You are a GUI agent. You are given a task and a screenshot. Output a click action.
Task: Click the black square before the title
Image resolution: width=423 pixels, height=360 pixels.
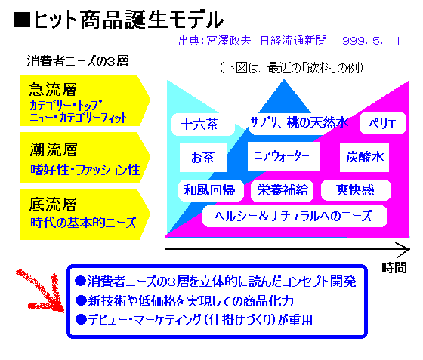coord(22,20)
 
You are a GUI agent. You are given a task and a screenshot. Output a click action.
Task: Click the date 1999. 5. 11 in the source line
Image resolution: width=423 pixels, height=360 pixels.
coord(367,42)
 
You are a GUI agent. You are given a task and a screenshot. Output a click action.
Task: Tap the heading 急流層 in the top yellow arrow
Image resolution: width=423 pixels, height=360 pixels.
coord(53,89)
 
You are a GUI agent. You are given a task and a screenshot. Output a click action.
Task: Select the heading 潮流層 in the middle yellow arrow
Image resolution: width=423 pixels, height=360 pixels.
coord(54,149)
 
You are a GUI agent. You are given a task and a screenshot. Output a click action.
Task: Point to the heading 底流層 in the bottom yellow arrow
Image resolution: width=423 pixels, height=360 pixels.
coord(53,204)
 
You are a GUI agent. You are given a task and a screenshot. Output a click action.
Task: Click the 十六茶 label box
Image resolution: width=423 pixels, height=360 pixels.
coord(203,125)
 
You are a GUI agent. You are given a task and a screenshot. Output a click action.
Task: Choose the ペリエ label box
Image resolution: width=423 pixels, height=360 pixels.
coord(383,124)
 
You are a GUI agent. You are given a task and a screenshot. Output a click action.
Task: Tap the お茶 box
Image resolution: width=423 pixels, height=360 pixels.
coord(203,158)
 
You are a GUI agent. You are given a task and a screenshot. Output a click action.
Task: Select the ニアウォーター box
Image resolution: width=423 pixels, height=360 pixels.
coord(283,156)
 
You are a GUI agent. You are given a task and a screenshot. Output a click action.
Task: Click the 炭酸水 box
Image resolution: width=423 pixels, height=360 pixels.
coord(364,158)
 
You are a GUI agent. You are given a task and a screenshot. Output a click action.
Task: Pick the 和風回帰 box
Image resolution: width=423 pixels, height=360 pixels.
coord(211,190)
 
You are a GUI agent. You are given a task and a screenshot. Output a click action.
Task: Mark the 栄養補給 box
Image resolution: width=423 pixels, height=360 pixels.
coord(283,190)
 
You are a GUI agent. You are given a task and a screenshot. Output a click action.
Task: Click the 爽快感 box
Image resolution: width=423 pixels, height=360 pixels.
coord(356,190)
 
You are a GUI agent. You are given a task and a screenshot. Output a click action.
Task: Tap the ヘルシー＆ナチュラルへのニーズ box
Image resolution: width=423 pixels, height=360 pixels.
coord(295,217)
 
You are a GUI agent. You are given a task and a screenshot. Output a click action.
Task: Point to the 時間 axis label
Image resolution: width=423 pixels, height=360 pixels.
coord(394,268)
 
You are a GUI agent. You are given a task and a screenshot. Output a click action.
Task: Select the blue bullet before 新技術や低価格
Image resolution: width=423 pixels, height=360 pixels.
coord(81,300)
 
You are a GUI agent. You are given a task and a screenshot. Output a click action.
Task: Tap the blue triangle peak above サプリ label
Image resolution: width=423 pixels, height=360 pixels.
coord(284,80)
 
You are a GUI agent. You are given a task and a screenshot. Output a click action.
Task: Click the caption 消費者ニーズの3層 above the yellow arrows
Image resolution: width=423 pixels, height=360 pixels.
coord(78,61)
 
